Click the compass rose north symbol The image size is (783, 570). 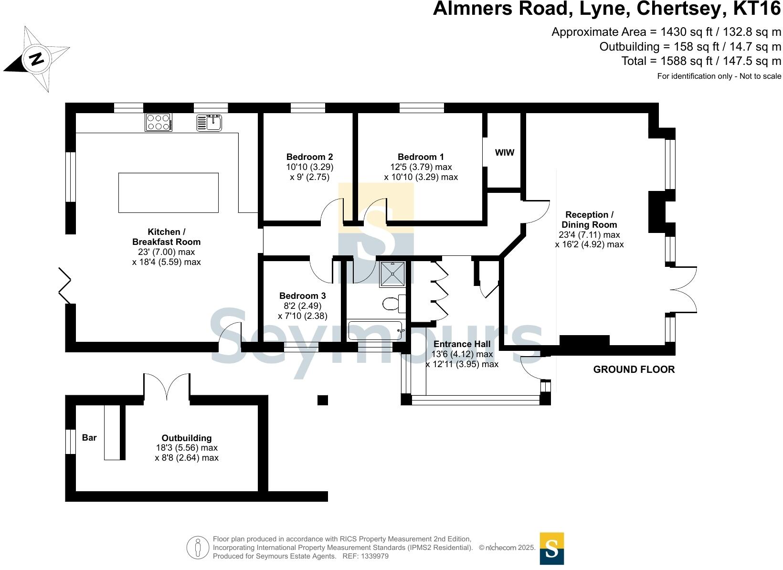[x=36, y=59]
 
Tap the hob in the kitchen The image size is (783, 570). [x=159, y=122]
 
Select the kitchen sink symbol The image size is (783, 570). [x=209, y=122]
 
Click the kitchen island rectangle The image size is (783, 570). [x=168, y=192]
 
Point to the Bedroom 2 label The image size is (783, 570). [x=309, y=157]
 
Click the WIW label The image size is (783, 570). [x=505, y=153]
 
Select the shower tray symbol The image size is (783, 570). [x=392, y=274]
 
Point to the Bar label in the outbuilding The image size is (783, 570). [x=89, y=438]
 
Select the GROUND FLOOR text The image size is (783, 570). [x=634, y=369]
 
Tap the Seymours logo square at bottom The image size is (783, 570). [x=551, y=548]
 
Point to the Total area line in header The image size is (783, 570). [x=701, y=61]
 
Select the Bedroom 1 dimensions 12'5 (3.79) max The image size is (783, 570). [x=421, y=167]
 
